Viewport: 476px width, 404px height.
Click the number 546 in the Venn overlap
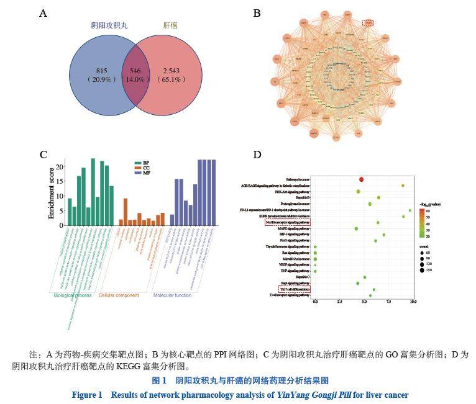click(x=135, y=71)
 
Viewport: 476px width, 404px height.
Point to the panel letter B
click(x=257, y=13)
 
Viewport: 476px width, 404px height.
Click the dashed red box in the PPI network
click(x=368, y=23)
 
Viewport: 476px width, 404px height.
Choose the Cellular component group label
click(x=121, y=295)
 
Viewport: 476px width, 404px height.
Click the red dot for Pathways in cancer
click(x=362, y=179)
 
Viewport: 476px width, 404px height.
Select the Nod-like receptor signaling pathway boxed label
click(x=287, y=222)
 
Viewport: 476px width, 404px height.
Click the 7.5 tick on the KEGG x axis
click(x=388, y=302)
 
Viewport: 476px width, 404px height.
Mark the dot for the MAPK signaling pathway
click(x=356, y=229)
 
